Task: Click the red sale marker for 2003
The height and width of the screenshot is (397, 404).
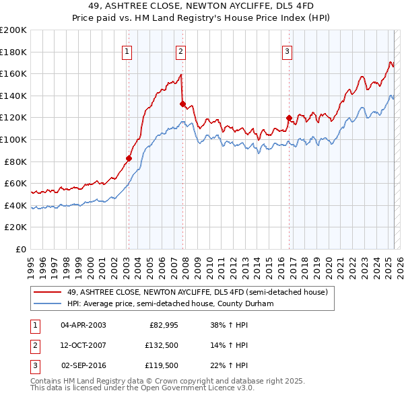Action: pyautogui.click(x=128, y=158)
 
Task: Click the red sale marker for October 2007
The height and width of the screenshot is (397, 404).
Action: pyautogui.click(x=182, y=104)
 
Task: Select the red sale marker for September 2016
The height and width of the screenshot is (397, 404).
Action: pyautogui.click(x=288, y=118)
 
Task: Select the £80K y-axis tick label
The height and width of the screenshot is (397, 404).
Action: pyautogui.click(x=15, y=161)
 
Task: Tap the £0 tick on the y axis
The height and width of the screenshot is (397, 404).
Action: pyautogui.click(x=22, y=249)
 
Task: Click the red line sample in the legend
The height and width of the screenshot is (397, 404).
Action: pyautogui.click(x=48, y=292)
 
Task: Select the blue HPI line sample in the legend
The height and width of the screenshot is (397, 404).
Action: pyautogui.click(x=48, y=303)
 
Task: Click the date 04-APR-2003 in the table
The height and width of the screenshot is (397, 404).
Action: pyautogui.click(x=83, y=325)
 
